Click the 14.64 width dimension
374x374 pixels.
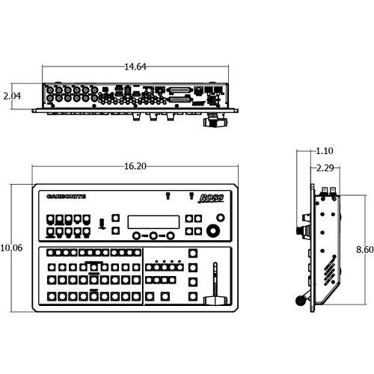135,67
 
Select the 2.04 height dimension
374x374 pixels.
12,96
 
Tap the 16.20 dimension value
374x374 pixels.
135,166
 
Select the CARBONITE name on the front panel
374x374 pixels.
66,197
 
